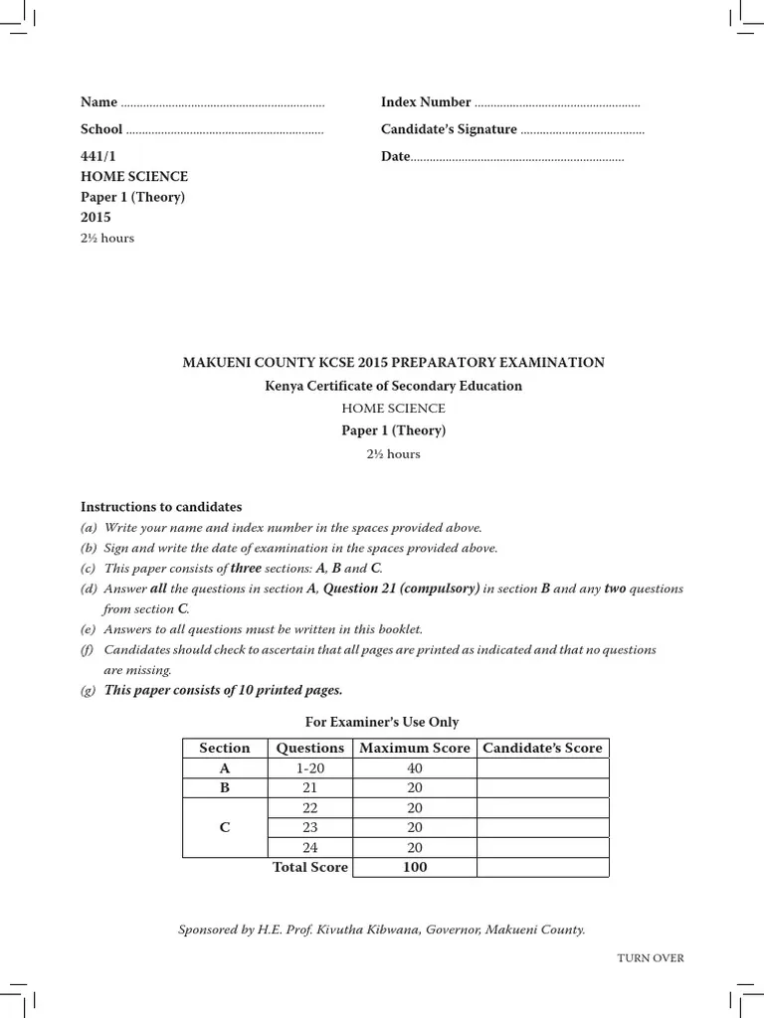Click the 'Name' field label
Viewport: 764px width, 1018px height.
(x=98, y=102)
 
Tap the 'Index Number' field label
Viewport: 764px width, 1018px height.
(x=426, y=102)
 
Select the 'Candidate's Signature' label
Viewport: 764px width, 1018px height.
(x=449, y=129)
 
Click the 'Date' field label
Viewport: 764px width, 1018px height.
(x=395, y=157)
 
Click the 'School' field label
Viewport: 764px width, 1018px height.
(x=101, y=129)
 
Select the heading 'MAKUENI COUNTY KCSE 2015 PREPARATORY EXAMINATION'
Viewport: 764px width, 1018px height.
(x=393, y=363)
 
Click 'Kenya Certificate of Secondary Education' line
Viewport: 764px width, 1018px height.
(x=393, y=386)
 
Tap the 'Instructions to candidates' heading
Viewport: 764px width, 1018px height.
(x=161, y=507)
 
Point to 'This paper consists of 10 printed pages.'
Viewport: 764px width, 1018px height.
(x=224, y=690)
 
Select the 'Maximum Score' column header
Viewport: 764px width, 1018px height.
(x=415, y=748)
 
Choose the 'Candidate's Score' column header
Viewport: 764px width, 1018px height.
(x=542, y=748)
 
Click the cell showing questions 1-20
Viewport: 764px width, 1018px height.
(x=310, y=768)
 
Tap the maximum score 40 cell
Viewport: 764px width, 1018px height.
(x=415, y=768)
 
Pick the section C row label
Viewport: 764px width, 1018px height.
(x=225, y=827)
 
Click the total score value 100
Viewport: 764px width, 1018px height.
(x=415, y=867)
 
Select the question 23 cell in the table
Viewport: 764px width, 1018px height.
(x=310, y=827)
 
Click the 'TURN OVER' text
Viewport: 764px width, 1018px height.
(x=651, y=958)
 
